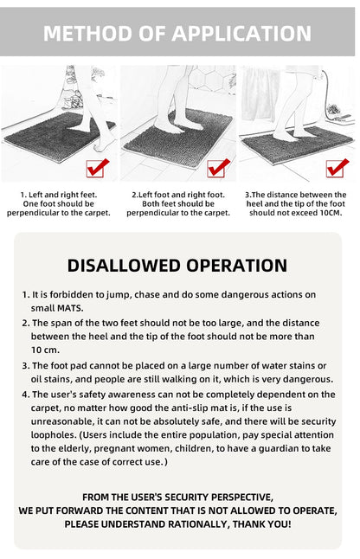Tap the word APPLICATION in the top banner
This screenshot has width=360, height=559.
tap(241, 34)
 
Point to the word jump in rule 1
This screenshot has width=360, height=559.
tap(115, 295)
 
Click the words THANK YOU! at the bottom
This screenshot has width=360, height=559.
tap(259, 524)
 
